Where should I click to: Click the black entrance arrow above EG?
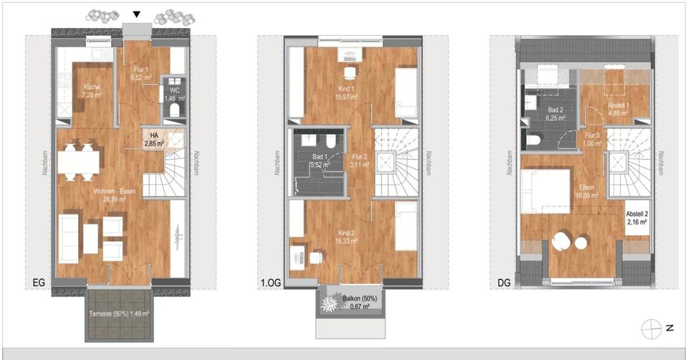[x=137, y=14]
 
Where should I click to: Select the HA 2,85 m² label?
[x=153, y=139]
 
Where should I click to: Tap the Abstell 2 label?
[x=636, y=217]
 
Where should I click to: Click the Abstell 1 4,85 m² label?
[x=618, y=108]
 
